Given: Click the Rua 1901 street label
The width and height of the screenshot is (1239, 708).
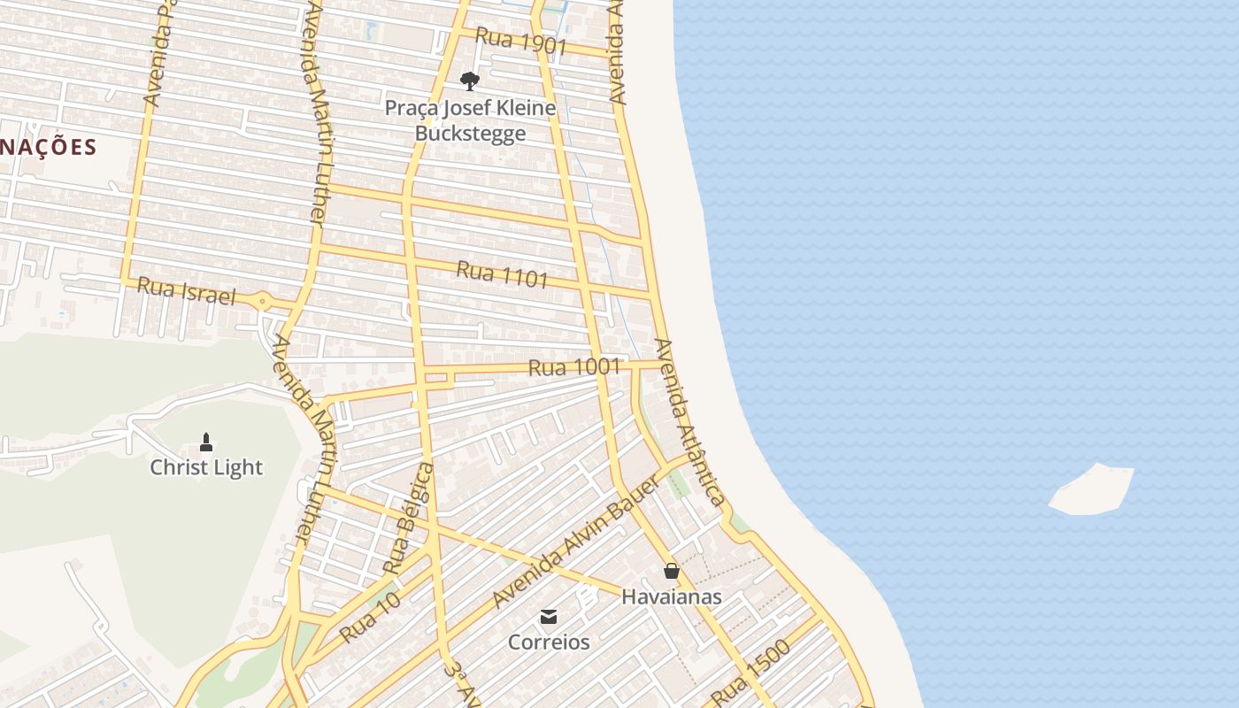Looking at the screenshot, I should pos(520,41).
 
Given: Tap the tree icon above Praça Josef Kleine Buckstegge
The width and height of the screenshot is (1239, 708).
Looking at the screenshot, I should pos(470,81).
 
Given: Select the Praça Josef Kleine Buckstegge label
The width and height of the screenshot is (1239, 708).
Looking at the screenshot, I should pos(471,121).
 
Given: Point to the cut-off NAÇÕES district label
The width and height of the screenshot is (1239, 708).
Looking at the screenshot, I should pos(48,147).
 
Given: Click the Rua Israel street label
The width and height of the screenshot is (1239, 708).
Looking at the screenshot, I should pos(187,291).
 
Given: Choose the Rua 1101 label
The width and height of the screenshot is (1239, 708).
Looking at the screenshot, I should pos(502,274).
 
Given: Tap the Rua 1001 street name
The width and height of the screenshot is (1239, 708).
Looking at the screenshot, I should pos(573,366).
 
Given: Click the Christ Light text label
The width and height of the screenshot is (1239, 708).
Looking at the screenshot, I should pos(206,467).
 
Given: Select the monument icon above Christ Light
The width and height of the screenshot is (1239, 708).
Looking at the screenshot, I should pos(206,441).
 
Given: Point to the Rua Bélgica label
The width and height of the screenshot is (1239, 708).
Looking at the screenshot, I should pos(409,518).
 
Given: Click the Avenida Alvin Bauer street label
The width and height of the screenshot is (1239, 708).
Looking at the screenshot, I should pos(575,542).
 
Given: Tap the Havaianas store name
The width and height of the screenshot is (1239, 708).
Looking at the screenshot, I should pos(671,596).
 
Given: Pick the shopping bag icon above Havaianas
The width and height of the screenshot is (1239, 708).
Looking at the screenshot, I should pos(672,571).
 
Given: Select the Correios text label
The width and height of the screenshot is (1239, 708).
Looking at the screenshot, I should pos(549,642).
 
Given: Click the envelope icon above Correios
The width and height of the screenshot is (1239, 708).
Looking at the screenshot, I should pos(549,616).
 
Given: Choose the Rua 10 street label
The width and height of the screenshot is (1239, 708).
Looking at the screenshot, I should pos(370,617).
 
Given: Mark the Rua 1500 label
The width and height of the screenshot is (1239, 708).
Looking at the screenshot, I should pos(750,673).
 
